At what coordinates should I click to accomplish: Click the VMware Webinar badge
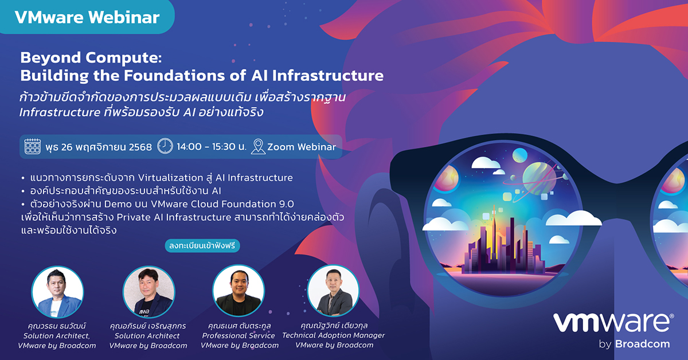click(x=87, y=17)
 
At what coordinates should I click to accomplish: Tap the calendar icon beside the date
click(x=32, y=146)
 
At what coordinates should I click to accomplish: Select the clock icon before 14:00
click(x=165, y=146)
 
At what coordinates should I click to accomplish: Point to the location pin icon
click(x=258, y=146)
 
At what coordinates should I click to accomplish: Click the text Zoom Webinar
click(x=302, y=147)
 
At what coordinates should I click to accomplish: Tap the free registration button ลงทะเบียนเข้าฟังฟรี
click(x=202, y=246)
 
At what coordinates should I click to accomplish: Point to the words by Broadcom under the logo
click(x=634, y=344)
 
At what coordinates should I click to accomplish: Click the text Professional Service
click(x=239, y=335)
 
